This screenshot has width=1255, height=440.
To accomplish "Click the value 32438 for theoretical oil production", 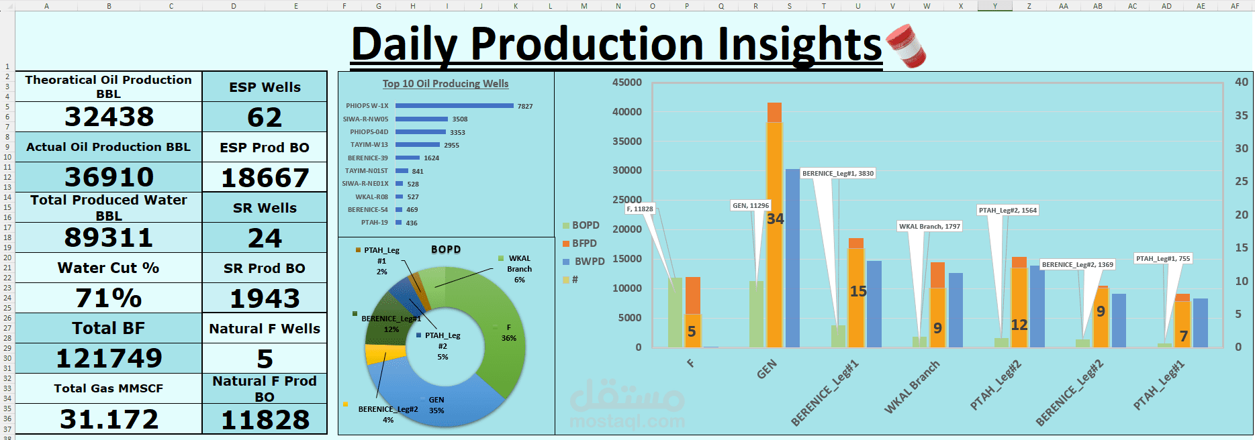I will tap(109, 117).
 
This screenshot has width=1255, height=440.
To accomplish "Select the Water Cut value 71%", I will tap(109, 298).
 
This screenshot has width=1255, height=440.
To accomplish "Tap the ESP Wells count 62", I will tap(265, 117).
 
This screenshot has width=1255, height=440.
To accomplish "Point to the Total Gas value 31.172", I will tap(109, 419).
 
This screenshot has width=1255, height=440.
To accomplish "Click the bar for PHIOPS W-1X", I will tap(454, 106).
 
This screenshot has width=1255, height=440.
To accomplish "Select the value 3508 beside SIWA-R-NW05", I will tap(460, 119).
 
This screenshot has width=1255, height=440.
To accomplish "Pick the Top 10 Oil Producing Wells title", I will tap(445, 84).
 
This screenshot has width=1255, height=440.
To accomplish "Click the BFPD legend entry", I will tap(584, 243).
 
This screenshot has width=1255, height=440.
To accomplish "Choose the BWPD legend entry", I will tap(589, 262).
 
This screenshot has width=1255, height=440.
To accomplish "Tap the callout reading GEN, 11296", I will tap(751, 206).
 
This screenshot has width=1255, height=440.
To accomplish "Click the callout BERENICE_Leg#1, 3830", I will tap(838, 174).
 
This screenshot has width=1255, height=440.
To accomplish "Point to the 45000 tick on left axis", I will tap(626, 82).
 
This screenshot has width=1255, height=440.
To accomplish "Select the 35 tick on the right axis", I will tap(1241, 115).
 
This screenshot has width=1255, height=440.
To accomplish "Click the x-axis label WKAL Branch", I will tap(912, 387).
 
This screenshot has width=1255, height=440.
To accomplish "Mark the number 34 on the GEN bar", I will tap(775, 219).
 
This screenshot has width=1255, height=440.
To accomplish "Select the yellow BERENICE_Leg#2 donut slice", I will tap(376, 353).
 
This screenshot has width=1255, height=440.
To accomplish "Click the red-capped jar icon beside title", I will tap(906, 46).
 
